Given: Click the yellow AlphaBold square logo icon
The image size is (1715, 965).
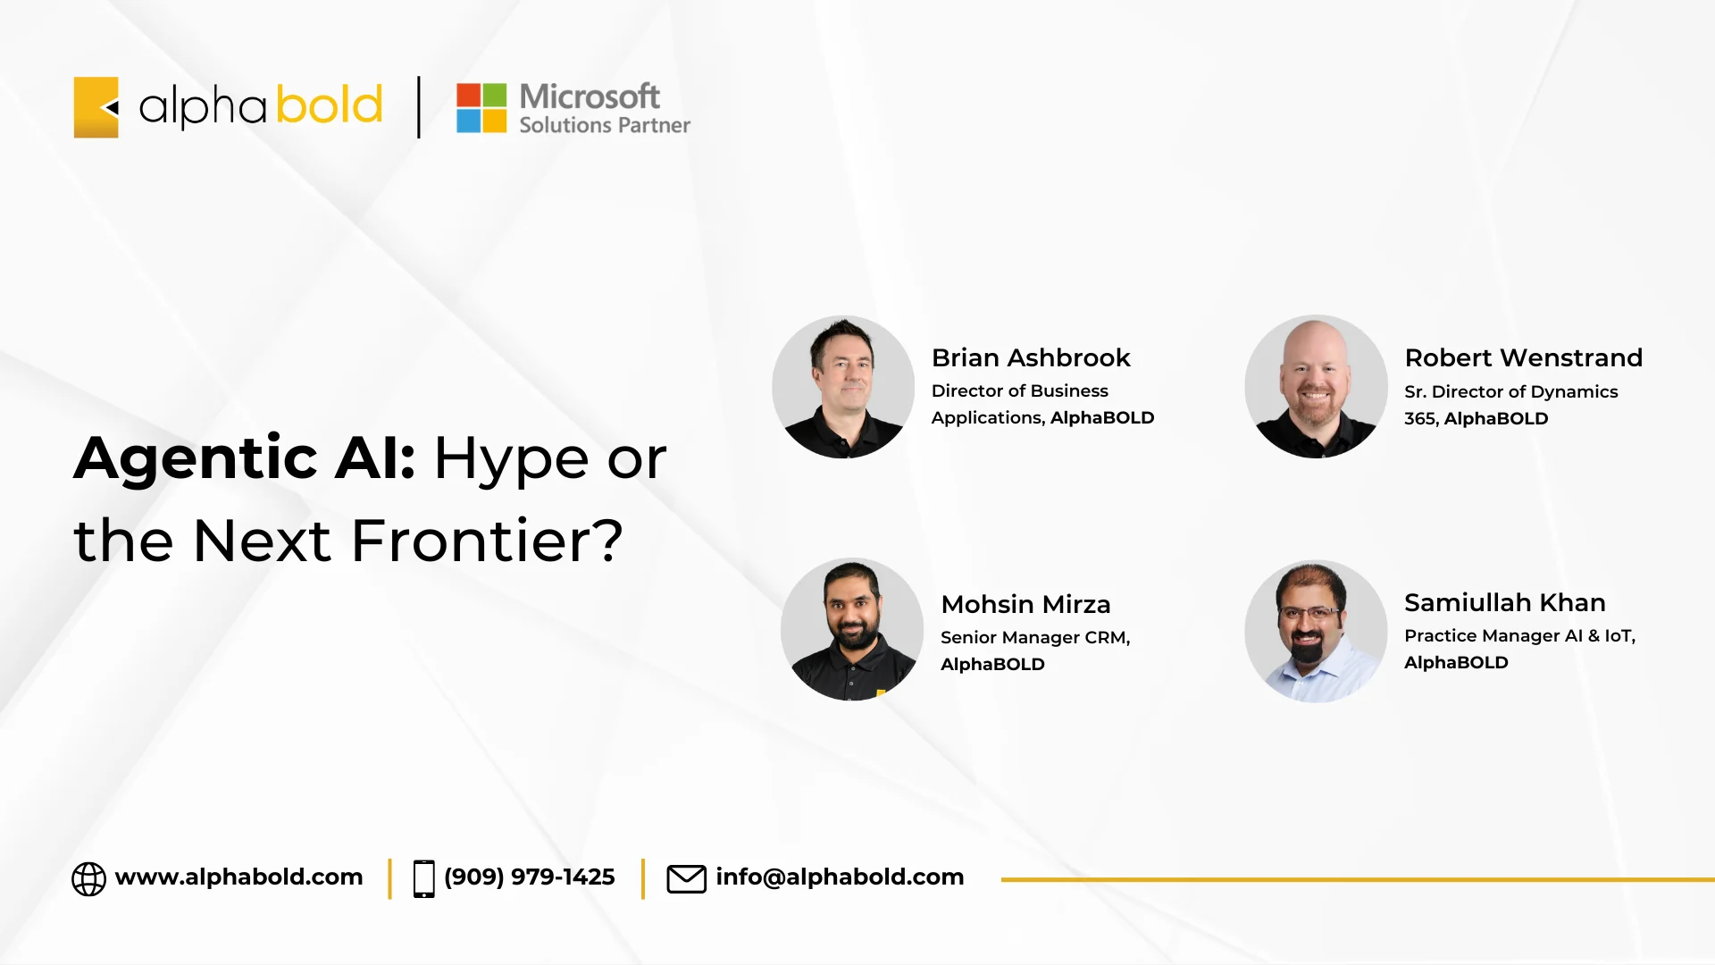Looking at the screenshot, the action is point(96,107).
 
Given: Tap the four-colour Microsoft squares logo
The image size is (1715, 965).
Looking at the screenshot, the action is point(481,108).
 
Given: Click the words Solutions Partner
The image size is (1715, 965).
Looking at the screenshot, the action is point(605,125).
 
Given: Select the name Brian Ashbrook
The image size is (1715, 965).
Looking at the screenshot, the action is point(1031,357).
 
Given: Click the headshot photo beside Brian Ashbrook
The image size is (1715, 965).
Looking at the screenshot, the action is point(843,387).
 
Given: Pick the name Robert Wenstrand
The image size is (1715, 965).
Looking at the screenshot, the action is point(1523,357).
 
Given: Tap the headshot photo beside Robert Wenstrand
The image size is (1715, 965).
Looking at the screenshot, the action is point(1316,387).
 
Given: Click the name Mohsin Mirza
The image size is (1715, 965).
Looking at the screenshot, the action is point(1025,604).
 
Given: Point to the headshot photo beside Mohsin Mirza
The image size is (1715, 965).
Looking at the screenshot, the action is point(852,630).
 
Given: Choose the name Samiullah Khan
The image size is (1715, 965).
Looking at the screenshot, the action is point(1505,602).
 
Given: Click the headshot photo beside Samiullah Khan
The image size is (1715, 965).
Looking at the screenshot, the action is point(1316,632).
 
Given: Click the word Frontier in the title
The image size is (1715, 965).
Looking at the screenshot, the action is point(487,540).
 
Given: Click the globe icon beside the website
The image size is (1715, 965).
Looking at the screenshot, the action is point(88,878).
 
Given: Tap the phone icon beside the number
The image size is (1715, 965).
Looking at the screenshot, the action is point(424,878).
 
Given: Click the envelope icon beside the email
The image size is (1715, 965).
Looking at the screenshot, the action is point(687,878).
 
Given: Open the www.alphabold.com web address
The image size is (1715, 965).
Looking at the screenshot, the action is point(238,877).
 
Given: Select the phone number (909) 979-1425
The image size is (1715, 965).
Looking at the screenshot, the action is point(529,877).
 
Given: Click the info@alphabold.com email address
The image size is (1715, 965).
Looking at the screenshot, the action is point(840,877).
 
